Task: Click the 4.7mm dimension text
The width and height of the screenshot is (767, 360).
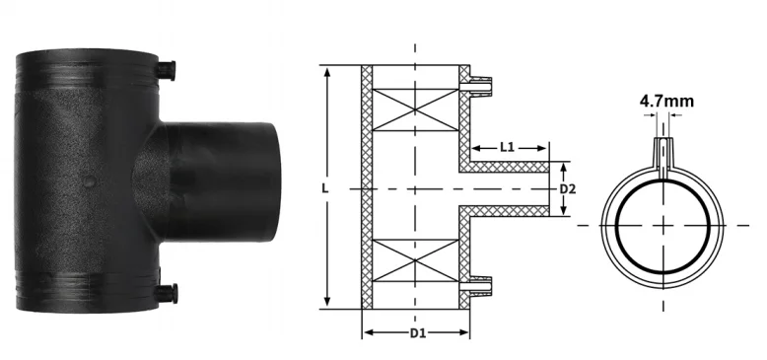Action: (666, 102)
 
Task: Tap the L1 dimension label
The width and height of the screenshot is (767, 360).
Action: (508, 147)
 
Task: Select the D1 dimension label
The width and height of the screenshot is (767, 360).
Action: (417, 333)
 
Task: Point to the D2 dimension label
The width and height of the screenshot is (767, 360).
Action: (568, 188)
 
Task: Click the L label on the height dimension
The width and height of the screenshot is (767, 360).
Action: (325, 188)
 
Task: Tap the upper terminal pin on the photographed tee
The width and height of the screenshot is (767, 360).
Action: (166, 70)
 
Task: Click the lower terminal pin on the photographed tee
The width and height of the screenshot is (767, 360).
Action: (167, 293)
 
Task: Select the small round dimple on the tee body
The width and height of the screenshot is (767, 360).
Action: (89, 181)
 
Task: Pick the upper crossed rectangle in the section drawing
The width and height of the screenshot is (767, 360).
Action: (415, 110)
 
